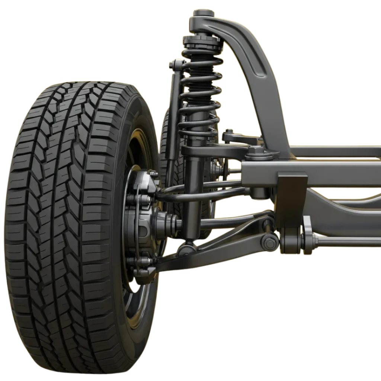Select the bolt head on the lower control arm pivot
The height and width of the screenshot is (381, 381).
point(269,243)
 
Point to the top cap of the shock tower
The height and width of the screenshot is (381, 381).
point(203,15)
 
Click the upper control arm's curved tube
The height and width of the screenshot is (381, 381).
point(201,193)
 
